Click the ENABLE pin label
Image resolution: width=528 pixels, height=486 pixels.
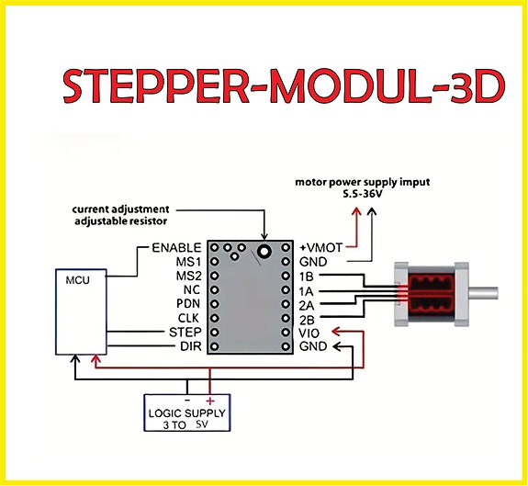(176, 248)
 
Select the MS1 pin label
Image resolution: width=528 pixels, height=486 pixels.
(188, 262)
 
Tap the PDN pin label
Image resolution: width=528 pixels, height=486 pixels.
(188, 304)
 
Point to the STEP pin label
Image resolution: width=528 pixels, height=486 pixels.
(185, 333)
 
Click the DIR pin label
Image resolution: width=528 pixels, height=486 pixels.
(191, 346)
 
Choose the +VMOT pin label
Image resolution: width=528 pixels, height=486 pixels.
(320, 248)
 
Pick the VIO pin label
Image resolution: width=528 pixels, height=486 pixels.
(309, 333)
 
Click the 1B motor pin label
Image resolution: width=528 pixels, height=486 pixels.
(306, 277)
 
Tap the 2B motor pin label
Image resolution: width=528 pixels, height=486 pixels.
(307, 320)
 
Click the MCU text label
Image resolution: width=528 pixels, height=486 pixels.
(77, 280)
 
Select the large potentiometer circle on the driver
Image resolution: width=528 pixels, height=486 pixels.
(264, 251)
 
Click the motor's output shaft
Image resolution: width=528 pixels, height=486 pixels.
(483, 293)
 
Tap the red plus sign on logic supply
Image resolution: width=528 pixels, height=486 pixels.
(209, 401)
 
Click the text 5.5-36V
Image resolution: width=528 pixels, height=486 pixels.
(362, 195)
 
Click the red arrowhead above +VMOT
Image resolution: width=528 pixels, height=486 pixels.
(356, 212)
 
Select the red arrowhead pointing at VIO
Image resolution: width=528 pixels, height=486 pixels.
(336, 332)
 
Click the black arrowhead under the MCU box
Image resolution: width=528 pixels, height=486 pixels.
(74, 359)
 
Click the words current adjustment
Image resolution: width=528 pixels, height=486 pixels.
(120, 209)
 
